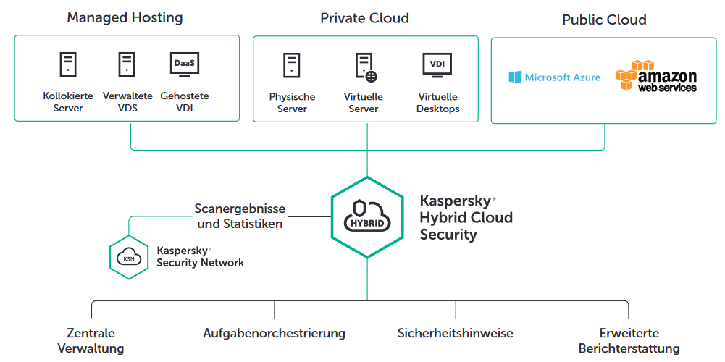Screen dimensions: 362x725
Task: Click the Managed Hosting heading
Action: (x=125, y=17)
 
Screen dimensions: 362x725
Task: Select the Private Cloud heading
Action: (x=365, y=18)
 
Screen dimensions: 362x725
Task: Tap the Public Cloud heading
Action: (x=604, y=20)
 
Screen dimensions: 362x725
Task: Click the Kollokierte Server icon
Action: (x=68, y=65)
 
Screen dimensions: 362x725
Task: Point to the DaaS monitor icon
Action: (x=185, y=64)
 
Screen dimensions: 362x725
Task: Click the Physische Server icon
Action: (x=292, y=65)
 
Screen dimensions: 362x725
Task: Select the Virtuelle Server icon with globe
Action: (x=365, y=66)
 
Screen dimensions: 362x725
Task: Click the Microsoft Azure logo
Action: (x=555, y=77)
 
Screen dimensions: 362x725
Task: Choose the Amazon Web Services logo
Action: (x=655, y=77)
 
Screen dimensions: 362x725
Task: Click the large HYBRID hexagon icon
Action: (x=367, y=217)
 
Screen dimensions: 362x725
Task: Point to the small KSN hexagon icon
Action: (x=129, y=256)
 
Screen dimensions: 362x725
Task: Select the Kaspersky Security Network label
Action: (x=200, y=256)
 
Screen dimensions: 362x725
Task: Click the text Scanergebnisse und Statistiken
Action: (x=240, y=216)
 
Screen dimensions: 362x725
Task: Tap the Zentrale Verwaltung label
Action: (x=91, y=341)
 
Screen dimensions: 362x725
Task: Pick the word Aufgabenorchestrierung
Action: (x=275, y=334)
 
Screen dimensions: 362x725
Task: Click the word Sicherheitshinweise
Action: (x=456, y=334)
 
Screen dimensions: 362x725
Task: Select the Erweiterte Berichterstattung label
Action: (x=629, y=341)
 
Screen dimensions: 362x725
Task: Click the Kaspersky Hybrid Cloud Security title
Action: (x=466, y=217)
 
